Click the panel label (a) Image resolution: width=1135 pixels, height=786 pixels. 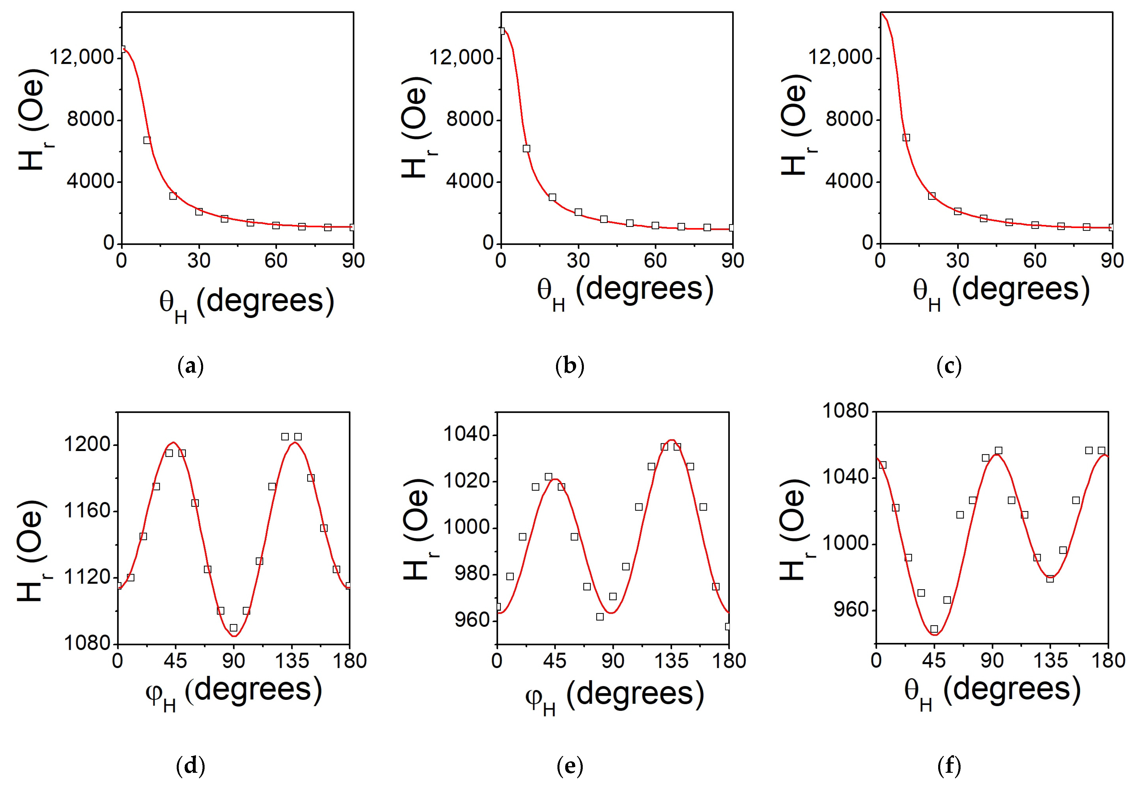(190, 367)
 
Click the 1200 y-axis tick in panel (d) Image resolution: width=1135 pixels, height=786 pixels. (87, 445)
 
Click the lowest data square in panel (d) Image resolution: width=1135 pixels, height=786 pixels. (234, 628)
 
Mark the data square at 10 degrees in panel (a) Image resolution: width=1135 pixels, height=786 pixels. (147, 140)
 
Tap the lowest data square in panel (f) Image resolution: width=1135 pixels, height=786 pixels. (934, 629)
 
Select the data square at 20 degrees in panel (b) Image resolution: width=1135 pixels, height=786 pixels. (552, 197)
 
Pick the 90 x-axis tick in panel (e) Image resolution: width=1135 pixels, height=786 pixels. (613, 661)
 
